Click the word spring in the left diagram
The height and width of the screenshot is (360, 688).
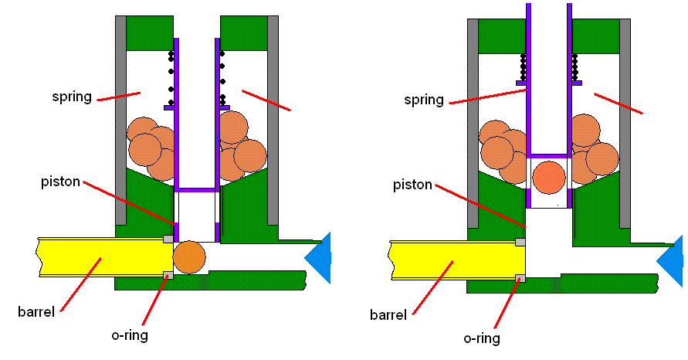pyautogui.click(x=72, y=97)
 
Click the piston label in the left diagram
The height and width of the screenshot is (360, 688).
pyautogui.click(x=61, y=182)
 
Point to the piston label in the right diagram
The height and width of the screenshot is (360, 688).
pyautogui.click(x=413, y=185)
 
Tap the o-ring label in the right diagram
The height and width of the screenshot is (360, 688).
pyautogui.click(x=482, y=338)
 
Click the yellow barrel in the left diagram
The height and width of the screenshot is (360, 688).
pyautogui.click(x=100, y=256)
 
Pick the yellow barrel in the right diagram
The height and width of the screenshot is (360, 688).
pyautogui.click(x=452, y=260)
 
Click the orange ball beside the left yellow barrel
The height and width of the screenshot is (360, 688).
pyautogui.click(x=189, y=257)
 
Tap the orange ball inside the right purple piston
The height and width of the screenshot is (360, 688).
pyautogui.click(x=548, y=176)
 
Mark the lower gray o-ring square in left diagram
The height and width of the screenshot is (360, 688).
pyautogui.click(x=168, y=274)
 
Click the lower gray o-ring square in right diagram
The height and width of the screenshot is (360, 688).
pyautogui.click(x=520, y=278)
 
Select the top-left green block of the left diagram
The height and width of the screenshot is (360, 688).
pyautogui.click(x=149, y=32)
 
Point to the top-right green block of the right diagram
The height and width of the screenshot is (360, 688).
pyautogui.click(x=595, y=36)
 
